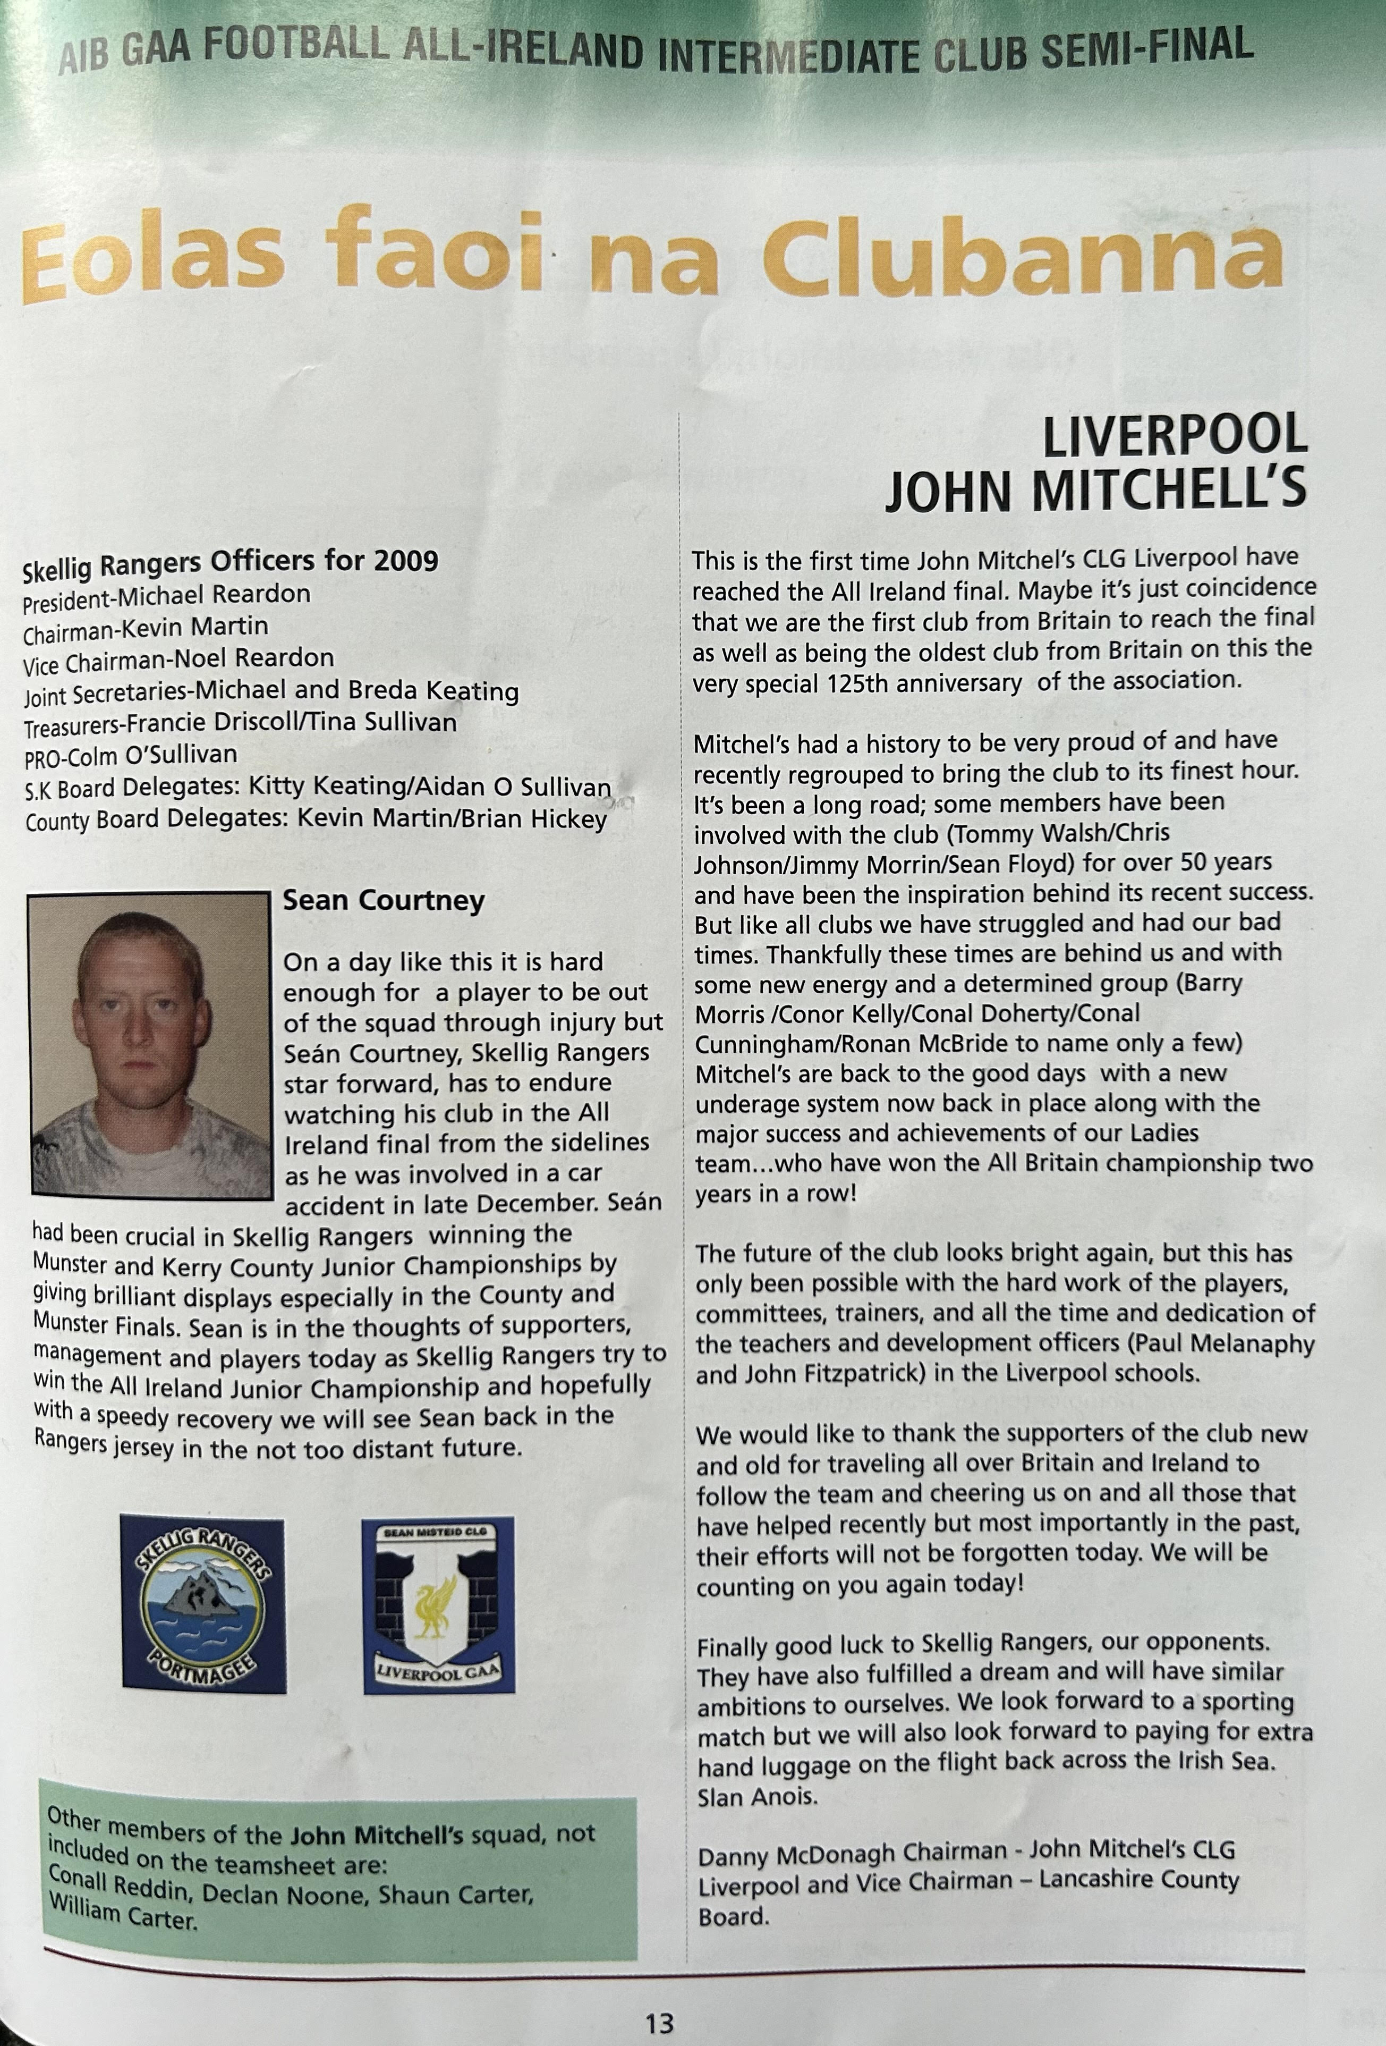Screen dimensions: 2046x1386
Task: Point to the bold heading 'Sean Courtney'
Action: [384, 901]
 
